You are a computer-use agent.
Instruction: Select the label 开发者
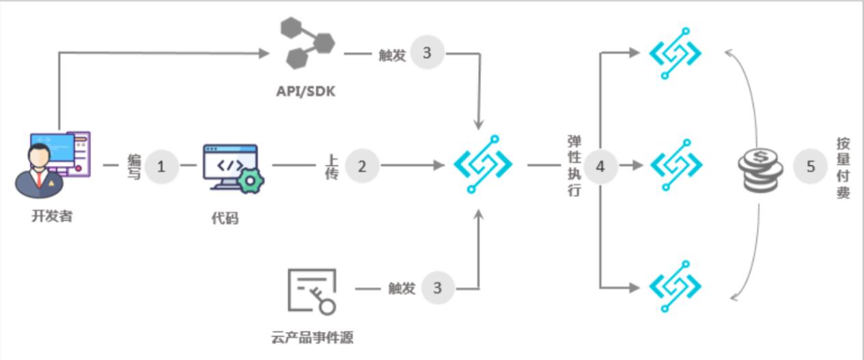pyautogui.click(x=51, y=217)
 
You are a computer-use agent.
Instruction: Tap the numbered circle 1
pyautogui.click(x=161, y=166)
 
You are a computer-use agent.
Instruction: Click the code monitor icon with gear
pyautogui.click(x=233, y=168)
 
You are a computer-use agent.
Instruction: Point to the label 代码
pyautogui.click(x=225, y=219)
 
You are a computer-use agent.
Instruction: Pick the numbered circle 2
pyautogui.click(x=362, y=166)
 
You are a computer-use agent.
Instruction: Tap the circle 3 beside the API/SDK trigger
pyautogui.click(x=427, y=53)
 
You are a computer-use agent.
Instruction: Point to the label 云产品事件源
pyautogui.click(x=312, y=337)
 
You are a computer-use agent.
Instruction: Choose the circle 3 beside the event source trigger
pyautogui.click(x=438, y=288)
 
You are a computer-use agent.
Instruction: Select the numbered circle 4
pyautogui.click(x=600, y=166)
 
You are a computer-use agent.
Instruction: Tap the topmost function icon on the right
pyautogui.click(x=675, y=53)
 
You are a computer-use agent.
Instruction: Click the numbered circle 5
pyautogui.click(x=811, y=166)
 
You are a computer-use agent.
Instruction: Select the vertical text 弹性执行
pyautogui.click(x=574, y=166)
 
